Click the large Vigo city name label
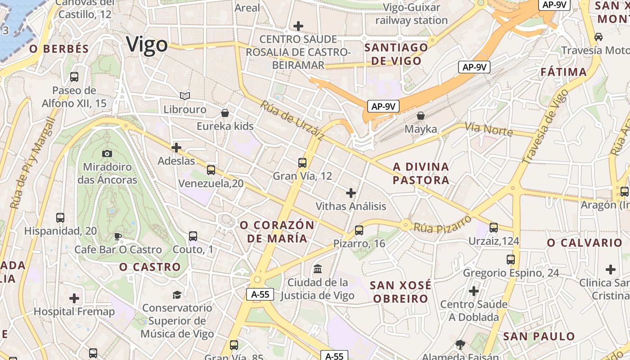pyautogui.click(x=147, y=45)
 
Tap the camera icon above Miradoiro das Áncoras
pyautogui.click(x=107, y=153)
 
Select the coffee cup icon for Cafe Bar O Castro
pyautogui.click(x=118, y=236)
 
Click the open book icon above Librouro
pyautogui.click(x=184, y=96)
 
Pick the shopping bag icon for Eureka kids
pyautogui.click(x=225, y=112)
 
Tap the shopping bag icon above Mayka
pyautogui.click(x=420, y=116)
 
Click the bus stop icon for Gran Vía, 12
pyautogui.click(x=302, y=162)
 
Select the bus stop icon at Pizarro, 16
pyautogui.click(x=359, y=230)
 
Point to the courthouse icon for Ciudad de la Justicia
pyautogui.click(x=318, y=269)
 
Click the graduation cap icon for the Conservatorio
pyautogui.click(x=177, y=295)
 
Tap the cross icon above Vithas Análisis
pyautogui.click(x=351, y=193)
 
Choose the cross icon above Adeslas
pyautogui.click(x=176, y=147)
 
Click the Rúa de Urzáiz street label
pyautogui.click(x=291, y=120)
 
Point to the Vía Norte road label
pyautogui.click(x=489, y=129)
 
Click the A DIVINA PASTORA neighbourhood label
pyautogui.click(x=421, y=173)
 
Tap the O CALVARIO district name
pyautogui.click(x=584, y=243)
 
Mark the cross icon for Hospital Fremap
pyautogui.click(x=74, y=298)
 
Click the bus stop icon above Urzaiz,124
pyautogui.click(x=494, y=228)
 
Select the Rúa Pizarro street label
pyautogui.click(x=442, y=224)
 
